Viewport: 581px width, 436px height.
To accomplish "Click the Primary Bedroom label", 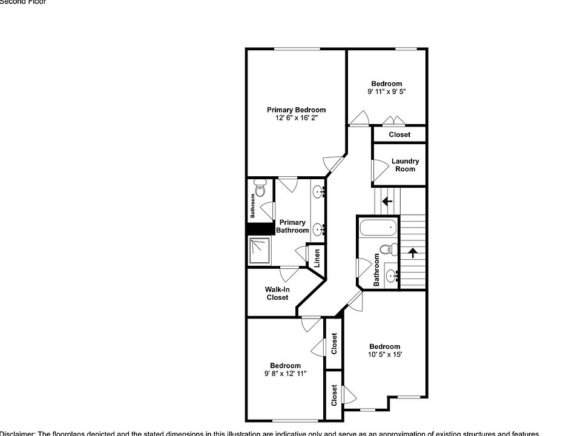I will click(296, 110).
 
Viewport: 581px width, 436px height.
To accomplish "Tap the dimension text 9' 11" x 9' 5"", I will click(386, 92).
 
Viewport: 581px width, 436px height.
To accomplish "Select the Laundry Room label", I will click(405, 165).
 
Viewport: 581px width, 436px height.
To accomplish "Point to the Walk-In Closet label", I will click(277, 293).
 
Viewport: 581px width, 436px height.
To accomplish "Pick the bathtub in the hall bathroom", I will click(377, 229).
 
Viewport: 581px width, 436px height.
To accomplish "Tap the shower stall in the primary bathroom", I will click(261, 250).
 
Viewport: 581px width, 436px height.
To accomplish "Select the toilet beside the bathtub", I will click(388, 248).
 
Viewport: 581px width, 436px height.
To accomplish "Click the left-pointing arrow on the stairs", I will click(387, 201).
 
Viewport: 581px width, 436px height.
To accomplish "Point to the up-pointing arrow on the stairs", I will click(413, 253).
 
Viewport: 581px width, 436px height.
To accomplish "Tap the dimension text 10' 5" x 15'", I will click(385, 355).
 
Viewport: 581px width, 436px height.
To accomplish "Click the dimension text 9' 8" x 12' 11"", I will click(285, 374).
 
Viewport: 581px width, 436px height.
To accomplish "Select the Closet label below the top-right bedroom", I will click(399, 134).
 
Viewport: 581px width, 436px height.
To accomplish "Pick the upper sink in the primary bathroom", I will click(318, 193).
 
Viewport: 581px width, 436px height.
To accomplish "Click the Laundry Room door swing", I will click(378, 170).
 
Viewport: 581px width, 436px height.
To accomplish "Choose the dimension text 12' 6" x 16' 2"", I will click(296, 118).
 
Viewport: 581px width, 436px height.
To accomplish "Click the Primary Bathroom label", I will click(292, 226).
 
